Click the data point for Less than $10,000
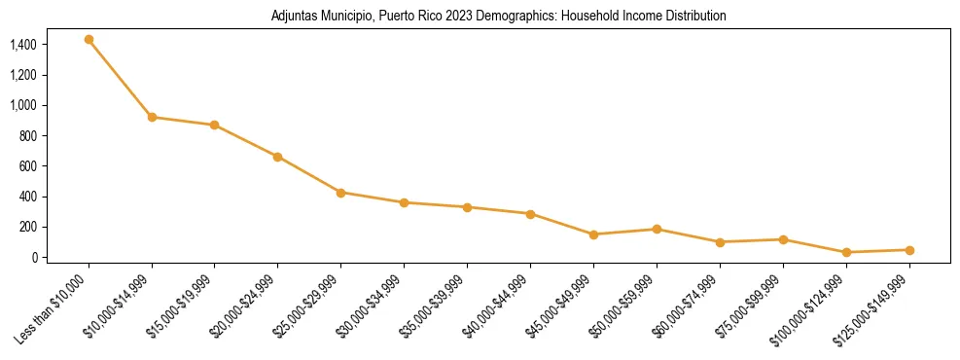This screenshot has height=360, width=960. click(x=89, y=40)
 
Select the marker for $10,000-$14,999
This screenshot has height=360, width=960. click(x=152, y=117)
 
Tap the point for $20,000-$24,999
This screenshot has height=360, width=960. click(x=277, y=157)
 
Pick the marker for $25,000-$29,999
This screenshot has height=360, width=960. click(x=340, y=193)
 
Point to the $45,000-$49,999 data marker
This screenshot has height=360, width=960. click(x=593, y=234)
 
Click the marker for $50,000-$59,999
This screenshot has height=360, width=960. click(x=657, y=230)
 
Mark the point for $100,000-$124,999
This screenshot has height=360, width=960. click(x=845, y=253)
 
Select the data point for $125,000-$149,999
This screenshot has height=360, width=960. click(x=908, y=250)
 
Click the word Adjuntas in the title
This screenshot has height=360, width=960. click(x=293, y=17)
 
